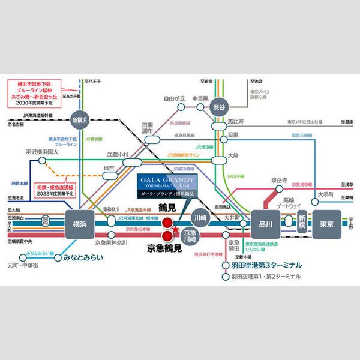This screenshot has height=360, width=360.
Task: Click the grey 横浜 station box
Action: [79, 223]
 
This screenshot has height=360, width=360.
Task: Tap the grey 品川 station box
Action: [266, 223]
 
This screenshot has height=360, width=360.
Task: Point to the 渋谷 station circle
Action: [221, 106]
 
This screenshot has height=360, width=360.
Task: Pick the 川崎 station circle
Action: [199, 217]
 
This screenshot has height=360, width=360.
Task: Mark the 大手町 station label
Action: [329, 194]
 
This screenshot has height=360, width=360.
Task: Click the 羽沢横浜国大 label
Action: [42, 152]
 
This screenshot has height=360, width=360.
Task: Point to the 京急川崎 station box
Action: [190, 235]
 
